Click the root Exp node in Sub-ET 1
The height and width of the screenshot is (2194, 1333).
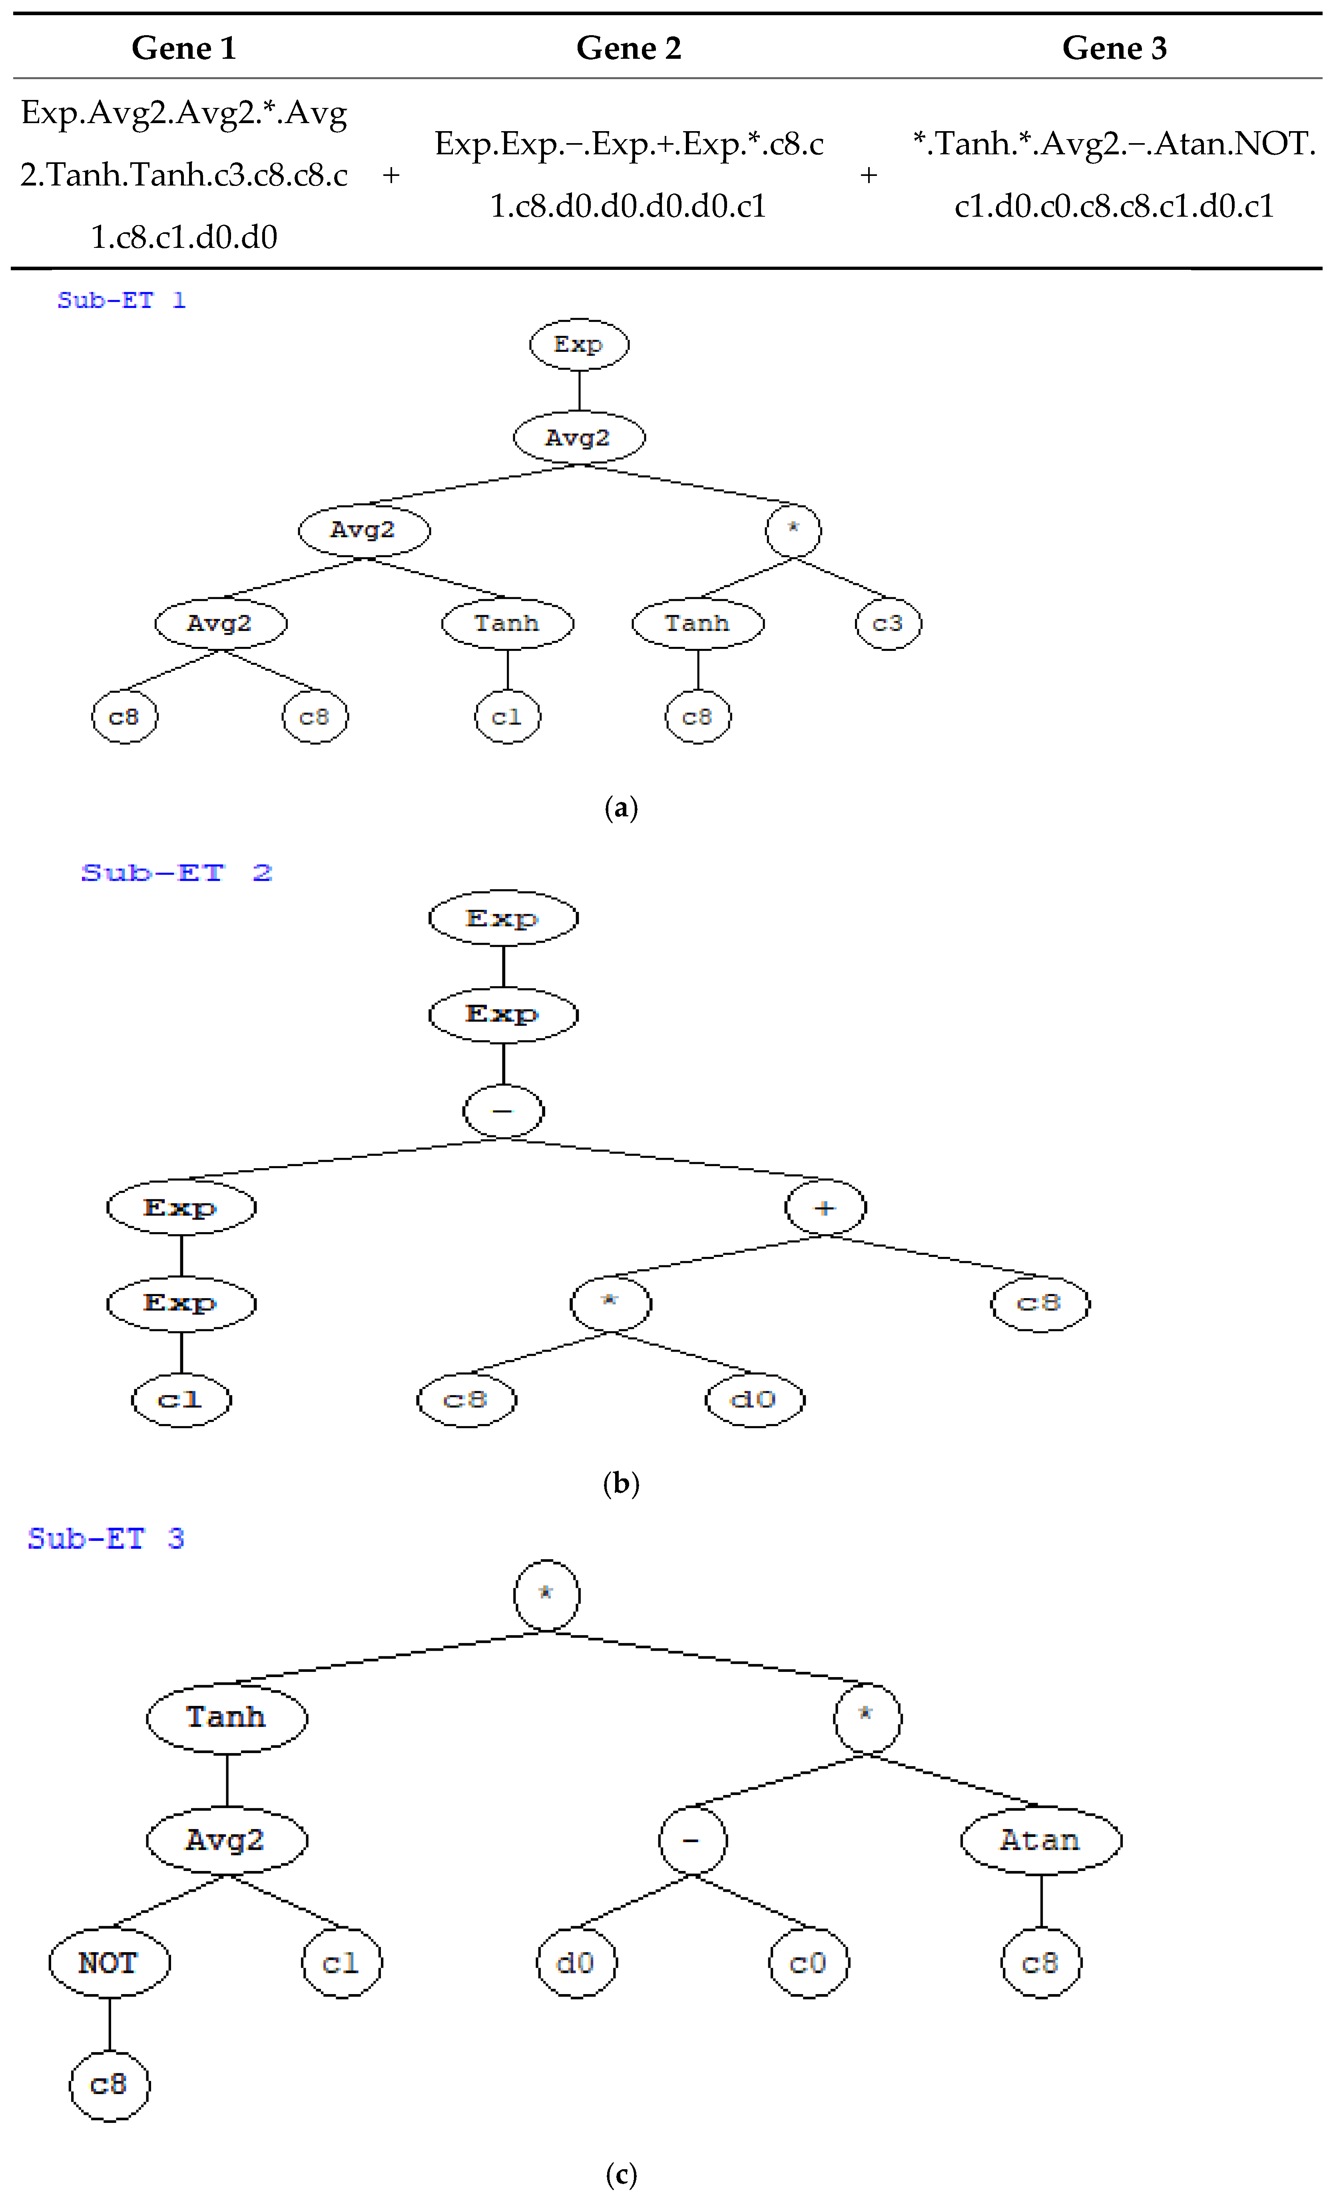point(579,345)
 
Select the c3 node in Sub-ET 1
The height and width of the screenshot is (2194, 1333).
point(888,623)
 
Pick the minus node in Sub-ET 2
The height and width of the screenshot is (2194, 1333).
point(503,1111)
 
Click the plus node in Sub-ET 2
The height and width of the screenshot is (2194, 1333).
point(825,1207)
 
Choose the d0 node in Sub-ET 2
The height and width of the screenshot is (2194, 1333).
point(754,1400)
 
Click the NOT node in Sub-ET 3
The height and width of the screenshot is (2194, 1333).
point(109,1963)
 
